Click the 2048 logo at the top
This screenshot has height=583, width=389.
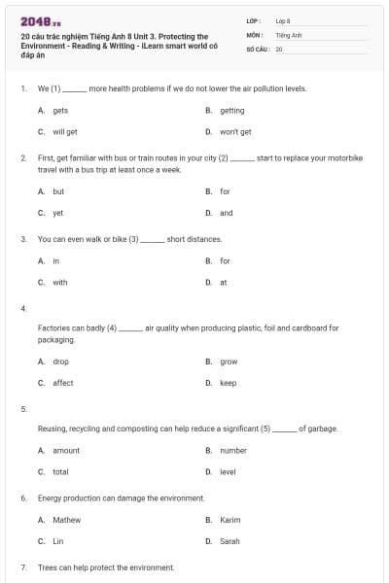tap(40, 19)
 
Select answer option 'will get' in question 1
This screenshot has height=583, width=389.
tap(65, 131)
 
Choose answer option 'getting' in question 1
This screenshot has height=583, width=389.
tap(232, 111)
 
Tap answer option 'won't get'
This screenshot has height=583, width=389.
tap(235, 131)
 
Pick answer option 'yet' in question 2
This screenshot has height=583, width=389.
tap(58, 212)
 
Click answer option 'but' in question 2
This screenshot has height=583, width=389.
tap(58, 191)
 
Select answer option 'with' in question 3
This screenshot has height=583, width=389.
tap(60, 282)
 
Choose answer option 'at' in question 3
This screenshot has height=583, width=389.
tap(224, 282)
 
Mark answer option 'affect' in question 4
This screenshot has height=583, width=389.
tap(63, 383)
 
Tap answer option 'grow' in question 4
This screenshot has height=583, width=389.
tap(229, 361)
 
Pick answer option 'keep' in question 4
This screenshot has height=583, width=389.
tap(229, 383)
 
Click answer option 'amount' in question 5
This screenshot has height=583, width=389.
tap(66, 451)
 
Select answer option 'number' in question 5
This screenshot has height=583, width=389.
tap(233, 451)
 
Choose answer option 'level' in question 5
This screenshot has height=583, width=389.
tap(229, 471)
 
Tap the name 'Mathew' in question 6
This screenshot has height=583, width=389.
tap(67, 520)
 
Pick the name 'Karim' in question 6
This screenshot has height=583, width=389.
tap(230, 520)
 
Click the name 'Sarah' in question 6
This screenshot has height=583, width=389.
tap(230, 540)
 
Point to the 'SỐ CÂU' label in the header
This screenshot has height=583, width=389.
tap(256, 48)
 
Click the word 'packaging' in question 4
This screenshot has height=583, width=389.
tap(56, 340)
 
